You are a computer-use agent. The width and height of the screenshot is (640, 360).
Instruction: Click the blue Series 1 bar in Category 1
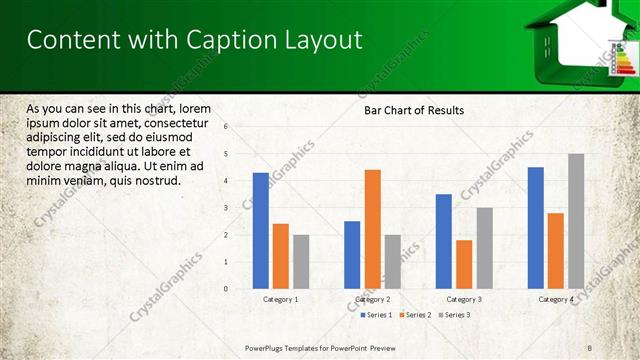tap(260, 231)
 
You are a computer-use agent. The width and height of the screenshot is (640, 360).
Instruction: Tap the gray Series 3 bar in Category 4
tap(576, 221)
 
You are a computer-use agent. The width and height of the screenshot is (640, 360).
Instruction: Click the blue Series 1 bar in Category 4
tap(536, 228)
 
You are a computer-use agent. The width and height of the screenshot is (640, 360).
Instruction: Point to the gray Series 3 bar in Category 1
tap(301, 262)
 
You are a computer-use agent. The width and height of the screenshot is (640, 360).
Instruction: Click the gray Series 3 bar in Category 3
tap(484, 248)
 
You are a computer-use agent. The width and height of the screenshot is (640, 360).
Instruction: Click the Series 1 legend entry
tap(377, 315)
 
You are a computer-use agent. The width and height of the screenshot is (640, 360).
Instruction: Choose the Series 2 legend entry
tap(417, 315)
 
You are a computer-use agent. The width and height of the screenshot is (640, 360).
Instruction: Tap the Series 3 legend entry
tap(456, 315)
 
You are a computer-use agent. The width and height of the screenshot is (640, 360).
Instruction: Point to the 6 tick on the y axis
tap(227, 127)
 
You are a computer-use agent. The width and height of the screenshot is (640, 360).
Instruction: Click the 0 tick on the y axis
tap(227, 289)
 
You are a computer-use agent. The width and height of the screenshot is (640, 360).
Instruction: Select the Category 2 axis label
tap(372, 299)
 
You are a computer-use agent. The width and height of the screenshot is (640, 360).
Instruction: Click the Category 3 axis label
tap(464, 299)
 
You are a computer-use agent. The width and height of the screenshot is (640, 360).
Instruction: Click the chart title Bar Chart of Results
tap(414, 110)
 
